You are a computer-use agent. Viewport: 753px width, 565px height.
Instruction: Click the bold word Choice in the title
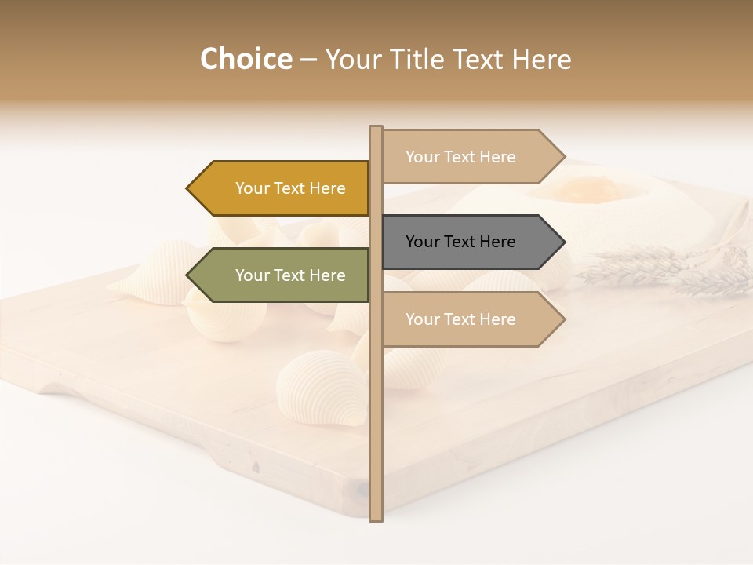pyautogui.click(x=246, y=59)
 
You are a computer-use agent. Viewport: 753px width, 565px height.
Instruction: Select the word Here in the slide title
pyautogui.click(x=541, y=60)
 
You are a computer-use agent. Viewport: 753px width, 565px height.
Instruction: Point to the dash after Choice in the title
pyautogui.click(x=308, y=60)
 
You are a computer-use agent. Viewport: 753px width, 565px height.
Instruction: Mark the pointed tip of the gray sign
pyautogui.click(x=563, y=242)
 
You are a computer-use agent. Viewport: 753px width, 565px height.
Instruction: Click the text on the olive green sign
pyautogui.click(x=290, y=275)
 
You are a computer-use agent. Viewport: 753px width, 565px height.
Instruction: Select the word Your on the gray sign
pyautogui.click(x=423, y=242)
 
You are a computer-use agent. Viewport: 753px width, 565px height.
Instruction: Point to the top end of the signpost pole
pyautogui.click(x=376, y=128)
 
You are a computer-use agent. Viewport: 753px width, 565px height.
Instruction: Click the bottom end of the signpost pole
pyautogui.click(x=376, y=518)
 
